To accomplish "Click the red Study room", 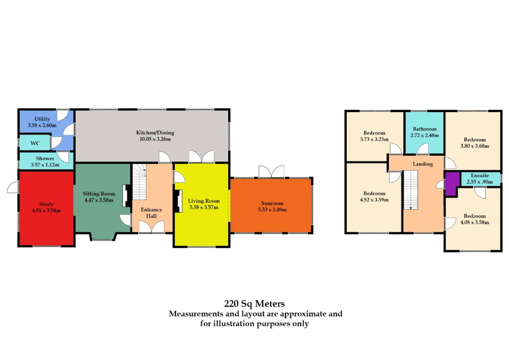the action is pyautogui.click(x=47, y=208).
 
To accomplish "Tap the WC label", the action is pyautogui.click(x=35, y=143).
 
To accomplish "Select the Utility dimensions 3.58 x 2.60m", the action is pyautogui.click(x=42, y=125).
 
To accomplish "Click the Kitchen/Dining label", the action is pyautogui.click(x=155, y=132).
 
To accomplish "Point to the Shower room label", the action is pyautogui.click(x=45, y=158).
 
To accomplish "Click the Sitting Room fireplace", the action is pyautogui.click(x=127, y=196).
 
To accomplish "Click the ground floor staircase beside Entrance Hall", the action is pyautogui.click(x=139, y=182).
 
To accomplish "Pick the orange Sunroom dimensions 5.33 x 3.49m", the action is pyautogui.click(x=272, y=210).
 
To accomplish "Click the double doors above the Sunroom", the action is pyautogui.click(x=271, y=171).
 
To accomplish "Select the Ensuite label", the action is pyautogui.click(x=480, y=175).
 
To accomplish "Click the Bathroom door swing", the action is pyautogui.click(x=423, y=148).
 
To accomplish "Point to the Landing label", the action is pyautogui.click(x=423, y=164).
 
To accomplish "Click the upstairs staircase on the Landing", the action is pyautogui.click(x=411, y=190).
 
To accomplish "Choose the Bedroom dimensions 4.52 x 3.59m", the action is pyautogui.click(x=374, y=200).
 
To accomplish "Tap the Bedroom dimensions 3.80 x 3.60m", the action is pyautogui.click(x=475, y=146).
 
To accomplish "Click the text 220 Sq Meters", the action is pyautogui.click(x=254, y=304).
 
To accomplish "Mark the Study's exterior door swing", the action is pyautogui.click(x=12, y=187).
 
